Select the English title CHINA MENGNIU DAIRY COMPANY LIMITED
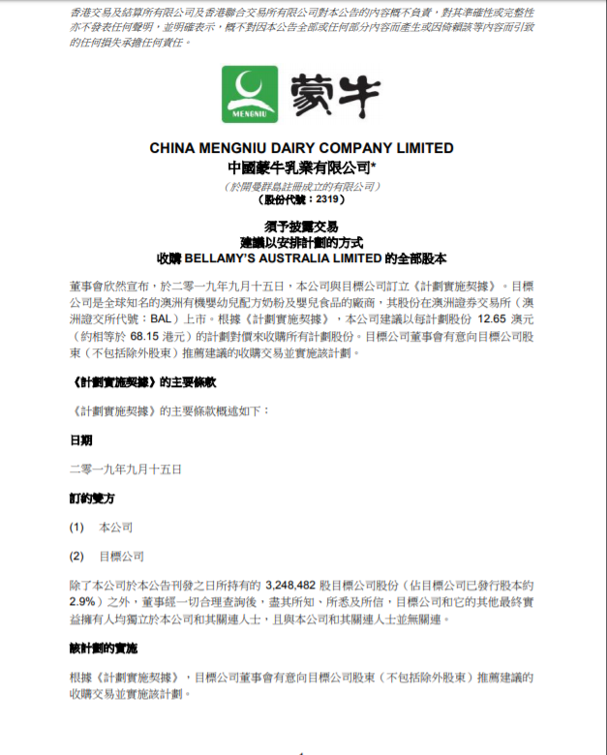(301, 148)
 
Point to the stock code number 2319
(328, 199)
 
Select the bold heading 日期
(81, 439)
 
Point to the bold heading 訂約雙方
(93, 498)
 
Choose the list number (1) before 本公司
(77, 528)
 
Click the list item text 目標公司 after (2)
(122, 557)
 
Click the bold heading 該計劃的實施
(105, 648)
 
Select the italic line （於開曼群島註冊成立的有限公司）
(301, 184)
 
